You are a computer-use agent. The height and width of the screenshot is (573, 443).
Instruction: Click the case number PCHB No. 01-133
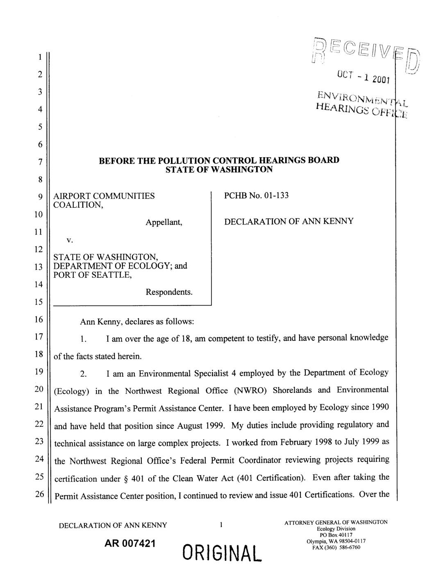point(256,195)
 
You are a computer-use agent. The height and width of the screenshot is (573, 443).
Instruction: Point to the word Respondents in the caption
point(169,292)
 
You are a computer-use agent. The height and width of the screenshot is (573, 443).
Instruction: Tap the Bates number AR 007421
point(130,544)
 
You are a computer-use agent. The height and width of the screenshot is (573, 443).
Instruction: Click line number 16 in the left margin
point(39,320)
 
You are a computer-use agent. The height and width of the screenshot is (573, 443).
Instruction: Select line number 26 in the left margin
point(39,494)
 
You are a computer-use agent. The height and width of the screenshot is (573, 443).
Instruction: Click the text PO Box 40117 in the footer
point(336,534)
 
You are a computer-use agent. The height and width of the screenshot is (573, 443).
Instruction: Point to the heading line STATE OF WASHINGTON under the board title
point(219,169)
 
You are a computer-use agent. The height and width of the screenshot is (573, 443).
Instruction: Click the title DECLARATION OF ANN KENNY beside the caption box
point(289,222)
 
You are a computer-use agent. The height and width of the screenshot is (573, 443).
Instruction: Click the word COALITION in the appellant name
point(78,204)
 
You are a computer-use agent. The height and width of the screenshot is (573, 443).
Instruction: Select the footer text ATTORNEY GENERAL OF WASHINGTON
point(336,522)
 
